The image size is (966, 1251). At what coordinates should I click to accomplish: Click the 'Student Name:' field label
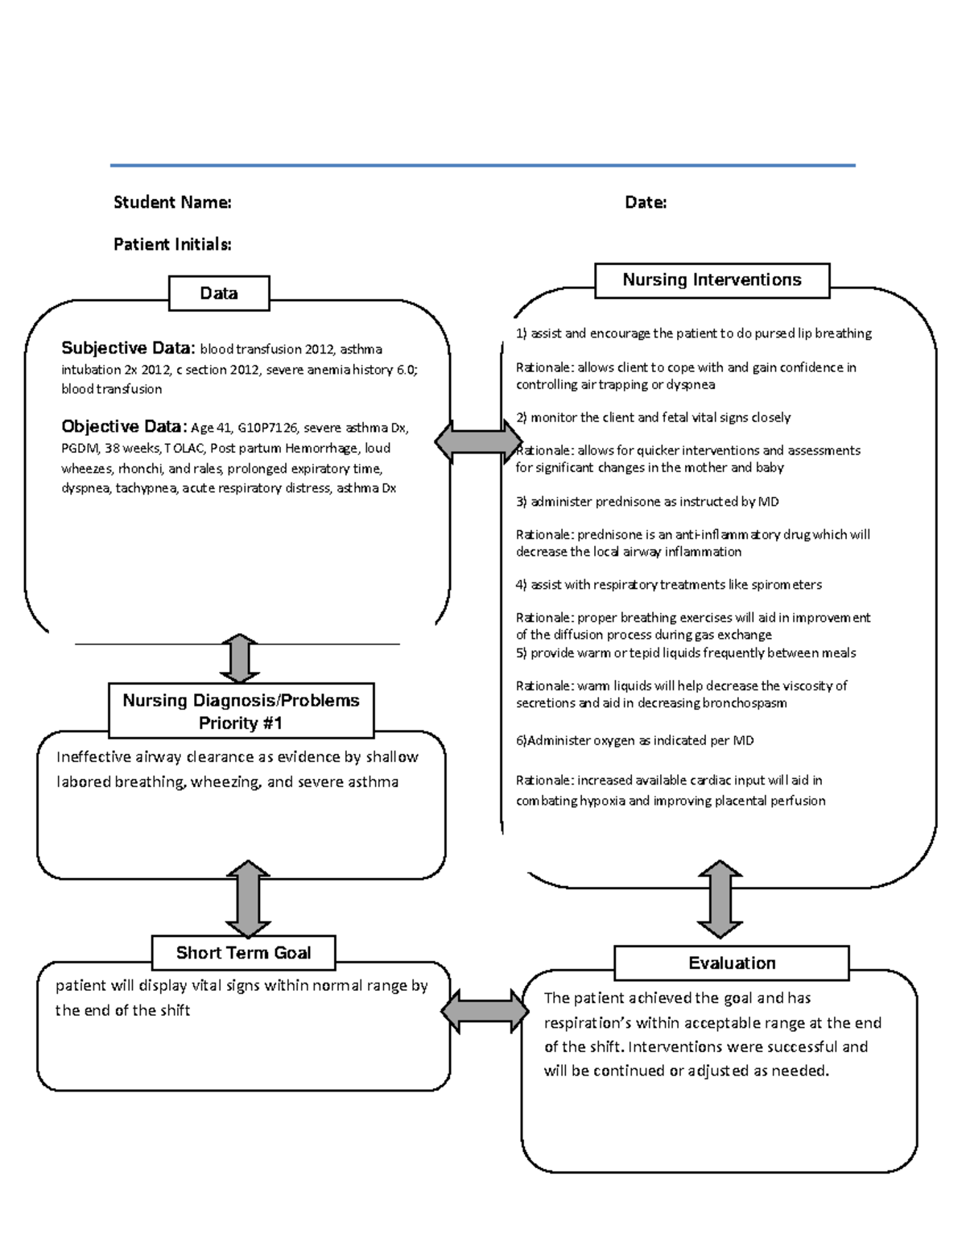coord(172,202)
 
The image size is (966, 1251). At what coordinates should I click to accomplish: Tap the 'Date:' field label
coord(646,202)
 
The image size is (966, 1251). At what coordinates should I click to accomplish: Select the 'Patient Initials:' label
coord(172,244)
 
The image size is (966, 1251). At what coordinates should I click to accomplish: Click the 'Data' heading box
coord(219,293)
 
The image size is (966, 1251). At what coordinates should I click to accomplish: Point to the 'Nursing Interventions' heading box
coord(712,280)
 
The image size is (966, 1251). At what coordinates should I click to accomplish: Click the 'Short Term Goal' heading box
coord(243,953)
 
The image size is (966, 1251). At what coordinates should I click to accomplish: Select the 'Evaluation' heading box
coord(731,963)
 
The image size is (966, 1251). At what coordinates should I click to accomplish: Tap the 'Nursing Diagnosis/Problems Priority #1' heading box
coord(241,711)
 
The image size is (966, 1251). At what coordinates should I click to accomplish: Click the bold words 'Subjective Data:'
coord(128,348)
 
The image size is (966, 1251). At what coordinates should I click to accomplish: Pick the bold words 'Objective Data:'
coord(124,426)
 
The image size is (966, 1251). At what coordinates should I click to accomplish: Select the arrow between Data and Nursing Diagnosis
coord(240,658)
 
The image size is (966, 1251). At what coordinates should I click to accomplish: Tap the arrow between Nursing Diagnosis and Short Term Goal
coord(248,898)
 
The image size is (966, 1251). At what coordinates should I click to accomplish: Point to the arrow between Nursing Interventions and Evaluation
coord(719,899)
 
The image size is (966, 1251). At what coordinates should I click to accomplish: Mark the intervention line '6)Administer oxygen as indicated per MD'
coord(634,740)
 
